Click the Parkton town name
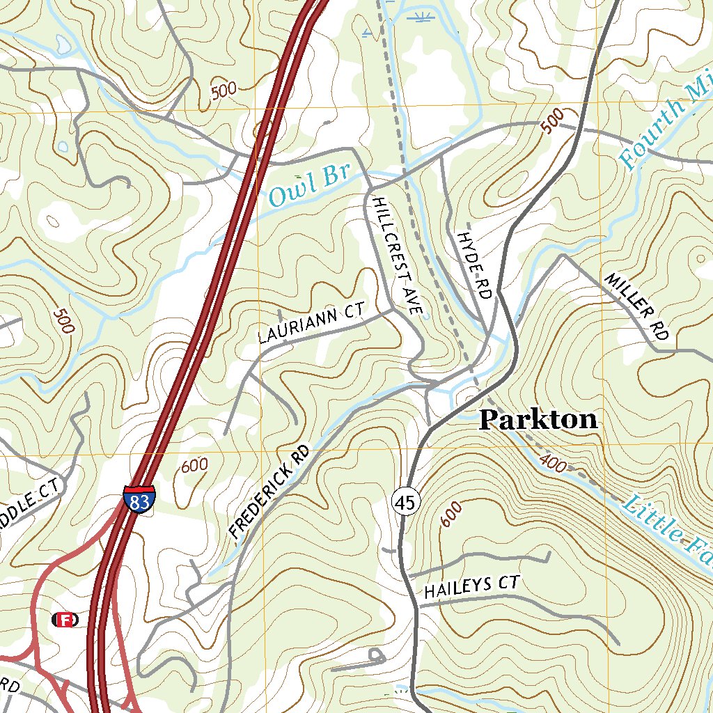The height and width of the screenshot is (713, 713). (538, 419)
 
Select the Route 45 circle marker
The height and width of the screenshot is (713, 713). (406, 501)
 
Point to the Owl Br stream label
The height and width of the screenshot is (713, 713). (308, 187)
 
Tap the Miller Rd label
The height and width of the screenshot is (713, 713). (637, 306)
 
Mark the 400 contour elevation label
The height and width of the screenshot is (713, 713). (552, 464)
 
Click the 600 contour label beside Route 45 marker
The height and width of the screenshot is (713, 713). (451, 514)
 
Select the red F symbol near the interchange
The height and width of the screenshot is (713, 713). (65, 620)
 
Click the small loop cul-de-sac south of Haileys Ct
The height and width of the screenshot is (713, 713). (377, 655)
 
